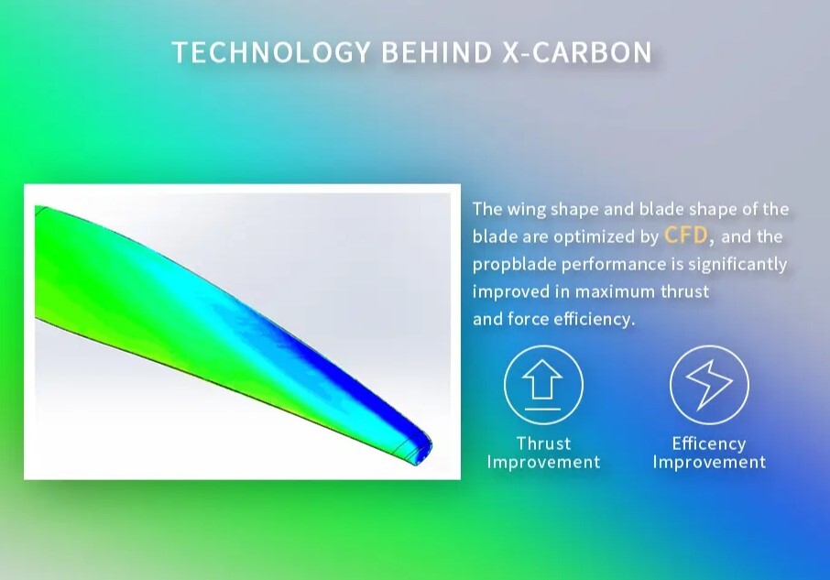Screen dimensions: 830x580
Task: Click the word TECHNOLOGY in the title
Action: point(271,52)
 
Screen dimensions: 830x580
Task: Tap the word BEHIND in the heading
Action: point(437,52)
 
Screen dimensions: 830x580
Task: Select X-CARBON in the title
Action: point(577,52)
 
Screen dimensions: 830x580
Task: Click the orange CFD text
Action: point(685,235)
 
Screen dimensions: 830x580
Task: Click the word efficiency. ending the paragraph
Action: point(594,319)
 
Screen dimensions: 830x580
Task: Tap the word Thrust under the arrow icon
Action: point(543,443)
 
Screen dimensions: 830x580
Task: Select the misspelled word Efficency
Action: point(709,443)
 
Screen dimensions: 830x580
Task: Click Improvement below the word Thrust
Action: point(543,462)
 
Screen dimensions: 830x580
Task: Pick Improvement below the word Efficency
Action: point(709,462)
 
